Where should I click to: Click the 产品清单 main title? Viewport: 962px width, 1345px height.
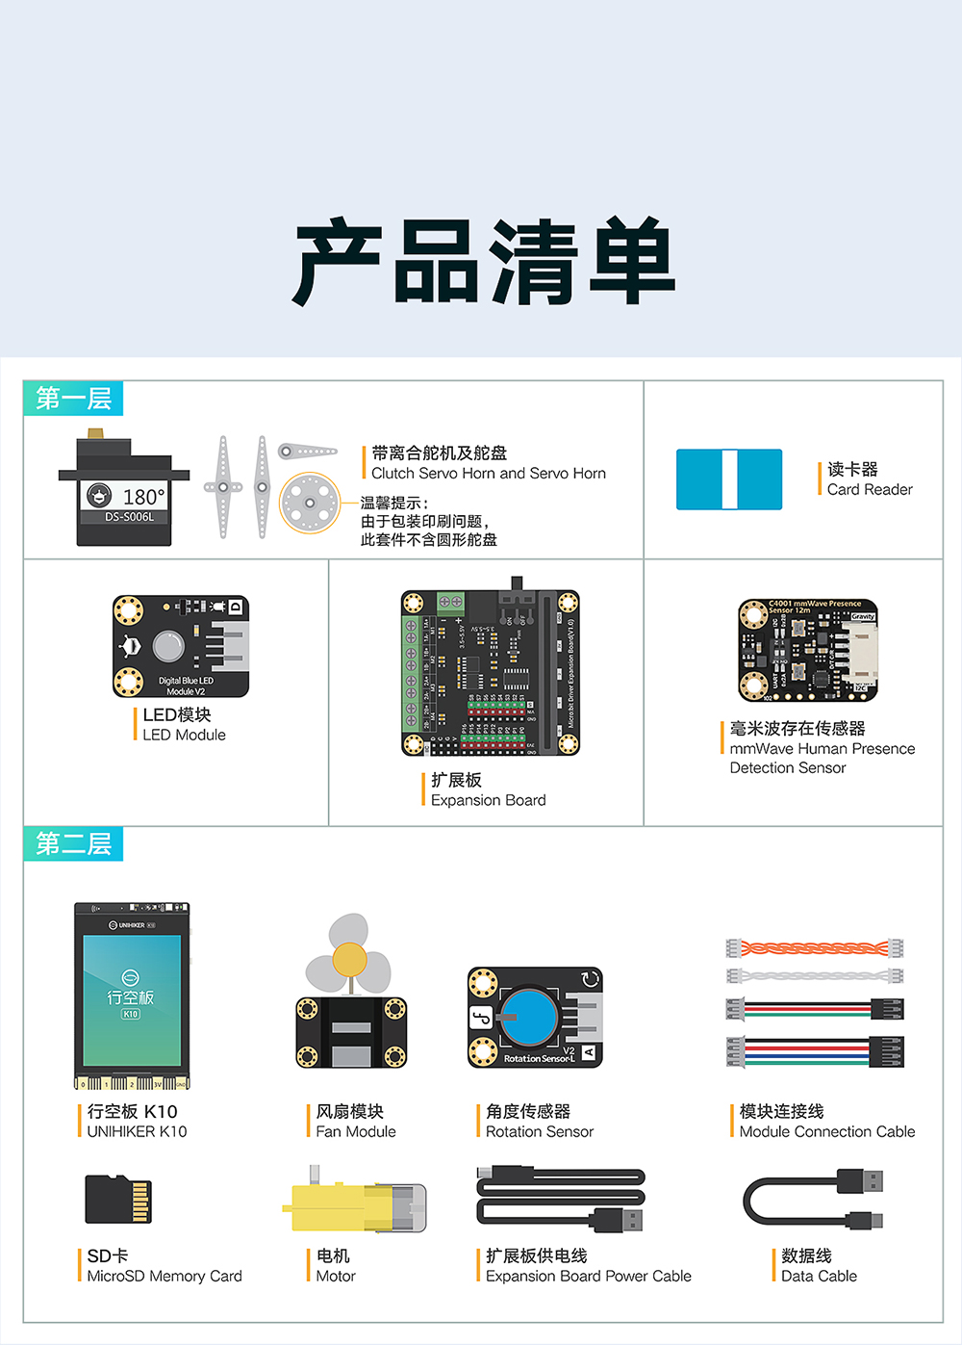(484, 262)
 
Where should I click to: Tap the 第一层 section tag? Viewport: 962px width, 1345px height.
(73, 399)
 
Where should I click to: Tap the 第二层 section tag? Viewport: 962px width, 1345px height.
(73, 844)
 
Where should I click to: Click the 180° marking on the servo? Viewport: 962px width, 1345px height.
(143, 497)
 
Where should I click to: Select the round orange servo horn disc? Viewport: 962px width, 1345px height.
(310, 503)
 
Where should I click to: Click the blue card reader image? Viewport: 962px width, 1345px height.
(728, 479)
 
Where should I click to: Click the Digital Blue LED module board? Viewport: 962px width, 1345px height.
(181, 646)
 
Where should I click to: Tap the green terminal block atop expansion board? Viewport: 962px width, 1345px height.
(450, 603)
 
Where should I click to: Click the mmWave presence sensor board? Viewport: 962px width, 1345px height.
(808, 650)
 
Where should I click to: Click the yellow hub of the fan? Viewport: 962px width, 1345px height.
(349, 960)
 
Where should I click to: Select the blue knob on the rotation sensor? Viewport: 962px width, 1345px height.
(529, 1016)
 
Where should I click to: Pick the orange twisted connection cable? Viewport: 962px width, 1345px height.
(815, 948)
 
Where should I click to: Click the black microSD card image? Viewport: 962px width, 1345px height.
(118, 1199)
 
